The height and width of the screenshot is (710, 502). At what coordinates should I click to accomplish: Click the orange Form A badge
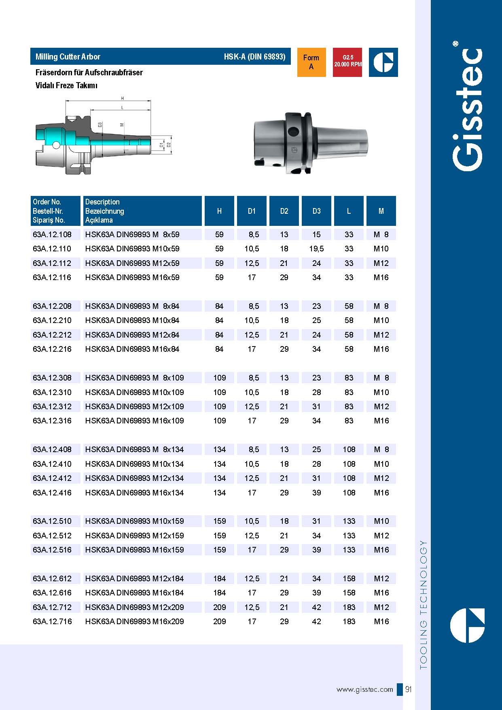[311, 62]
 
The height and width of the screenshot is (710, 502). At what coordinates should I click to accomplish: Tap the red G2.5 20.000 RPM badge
[347, 62]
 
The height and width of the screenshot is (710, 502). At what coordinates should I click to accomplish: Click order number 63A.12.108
[52, 234]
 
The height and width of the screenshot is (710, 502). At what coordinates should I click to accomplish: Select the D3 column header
[316, 211]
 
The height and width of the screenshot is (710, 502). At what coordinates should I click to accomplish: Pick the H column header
[219, 211]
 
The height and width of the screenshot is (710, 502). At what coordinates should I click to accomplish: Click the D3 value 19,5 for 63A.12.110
[316, 249]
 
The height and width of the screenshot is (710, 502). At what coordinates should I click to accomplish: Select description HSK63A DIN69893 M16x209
[134, 621]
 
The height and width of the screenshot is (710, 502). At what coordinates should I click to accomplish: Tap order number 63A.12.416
[52, 493]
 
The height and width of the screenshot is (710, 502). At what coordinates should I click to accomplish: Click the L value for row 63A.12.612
[349, 578]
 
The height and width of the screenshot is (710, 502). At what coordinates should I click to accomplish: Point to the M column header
[381, 211]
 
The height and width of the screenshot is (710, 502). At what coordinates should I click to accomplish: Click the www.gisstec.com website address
[364, 689]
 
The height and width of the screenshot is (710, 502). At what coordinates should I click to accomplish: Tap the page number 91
[409, 689]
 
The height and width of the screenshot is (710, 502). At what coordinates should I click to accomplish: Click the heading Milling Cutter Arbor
[68, 57]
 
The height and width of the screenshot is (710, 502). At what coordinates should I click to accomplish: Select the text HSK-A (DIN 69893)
[254, 57]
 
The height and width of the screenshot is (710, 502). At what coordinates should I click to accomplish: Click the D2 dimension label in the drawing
[169, 145]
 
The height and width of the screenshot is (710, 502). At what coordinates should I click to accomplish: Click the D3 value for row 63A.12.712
[316, 607]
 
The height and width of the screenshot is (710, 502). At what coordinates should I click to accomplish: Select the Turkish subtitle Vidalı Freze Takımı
[66, 85]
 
